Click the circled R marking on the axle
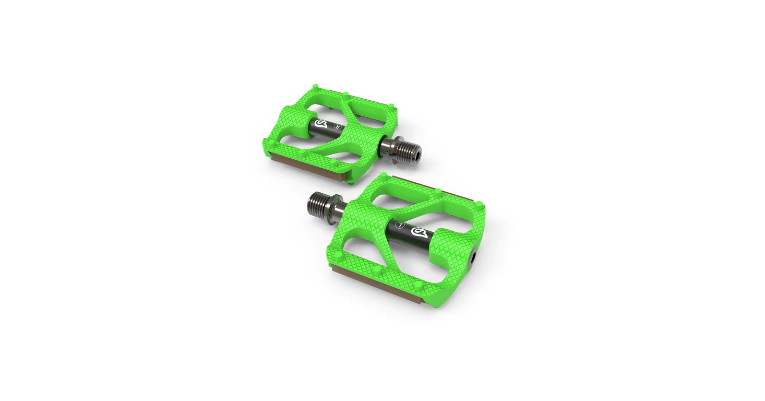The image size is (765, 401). click(337, 126)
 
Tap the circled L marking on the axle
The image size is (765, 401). click(401, 226)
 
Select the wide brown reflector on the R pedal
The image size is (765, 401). click(303, 169)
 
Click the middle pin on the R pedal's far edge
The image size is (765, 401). click(345, 95)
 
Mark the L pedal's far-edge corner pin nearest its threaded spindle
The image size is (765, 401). click(386, 179)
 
